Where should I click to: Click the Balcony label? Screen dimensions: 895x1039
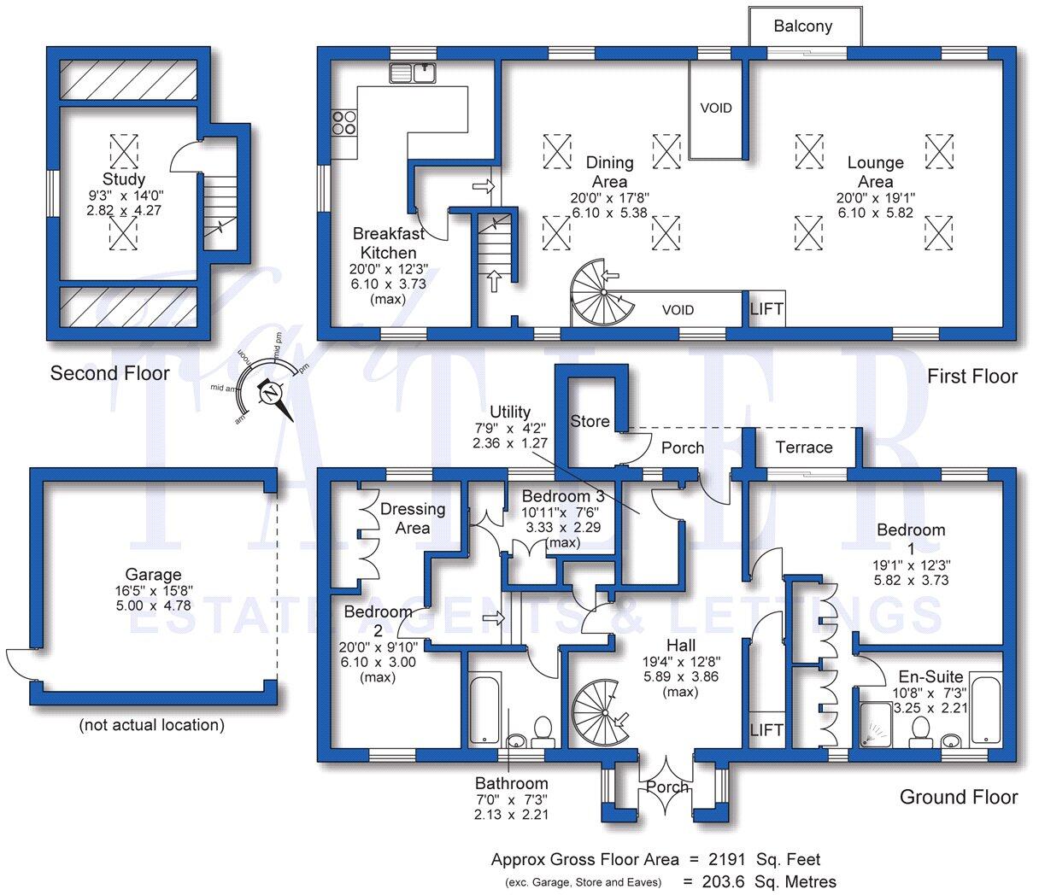[x=802, y=26]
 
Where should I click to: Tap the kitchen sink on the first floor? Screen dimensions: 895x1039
[x=414, y=73]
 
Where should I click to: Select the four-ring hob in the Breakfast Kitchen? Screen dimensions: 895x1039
[x=344, y=124]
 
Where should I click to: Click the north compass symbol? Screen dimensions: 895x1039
[x=271, y=395]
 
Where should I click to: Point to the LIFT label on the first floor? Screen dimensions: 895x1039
[x=766, y=309]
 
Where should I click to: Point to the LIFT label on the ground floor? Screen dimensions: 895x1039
[x=766, y=730]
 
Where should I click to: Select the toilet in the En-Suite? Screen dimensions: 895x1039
[x=920, y=732]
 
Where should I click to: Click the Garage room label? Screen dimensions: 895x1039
[x=154, y=575]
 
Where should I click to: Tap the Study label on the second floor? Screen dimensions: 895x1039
[x=124, y=179]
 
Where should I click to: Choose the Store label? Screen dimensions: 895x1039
[x=590, y=421]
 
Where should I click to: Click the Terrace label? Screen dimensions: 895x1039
[x=804, y=447]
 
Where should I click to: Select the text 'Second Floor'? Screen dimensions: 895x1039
[x=109, y=373]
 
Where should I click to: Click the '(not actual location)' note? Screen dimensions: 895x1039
[x=152, y=725]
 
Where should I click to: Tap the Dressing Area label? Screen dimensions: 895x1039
[x=413, y=518]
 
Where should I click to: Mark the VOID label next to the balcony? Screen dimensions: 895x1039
[x=716, y=108]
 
